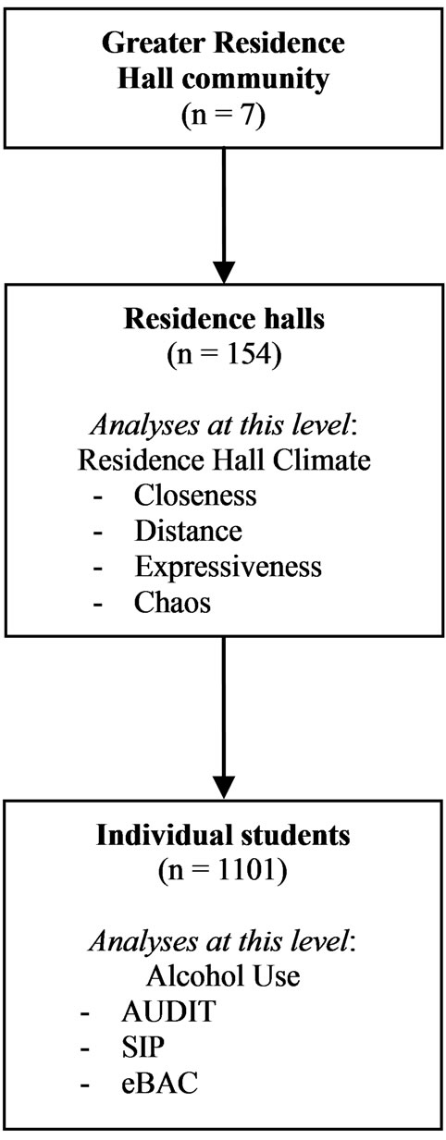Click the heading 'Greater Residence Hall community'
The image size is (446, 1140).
(x=224, y=61)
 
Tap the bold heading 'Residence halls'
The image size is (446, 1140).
(x=224, y=319)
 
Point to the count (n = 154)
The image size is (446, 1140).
(x=224, y=354)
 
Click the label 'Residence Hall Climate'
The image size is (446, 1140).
(x=224, y=460)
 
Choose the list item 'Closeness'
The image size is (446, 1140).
(x=195, y=496)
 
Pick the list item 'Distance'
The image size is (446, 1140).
(x=188, y=531)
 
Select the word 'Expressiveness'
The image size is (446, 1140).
(x=229, y=567)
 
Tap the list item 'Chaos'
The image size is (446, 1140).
(x=172, y=603)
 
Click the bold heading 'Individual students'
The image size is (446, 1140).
(x=224, y=835)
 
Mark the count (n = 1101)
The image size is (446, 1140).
(x=223, y=870)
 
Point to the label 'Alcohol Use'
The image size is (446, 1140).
(x=224, y=976)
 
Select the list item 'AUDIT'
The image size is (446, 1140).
(x=168, y=1011)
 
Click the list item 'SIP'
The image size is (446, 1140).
(x=143, y=1047)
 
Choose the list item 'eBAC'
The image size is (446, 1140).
(x=159, y=1083)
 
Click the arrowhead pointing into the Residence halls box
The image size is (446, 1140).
(x=224, y=272)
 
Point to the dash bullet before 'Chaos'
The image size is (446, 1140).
(x=98, y=604)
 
